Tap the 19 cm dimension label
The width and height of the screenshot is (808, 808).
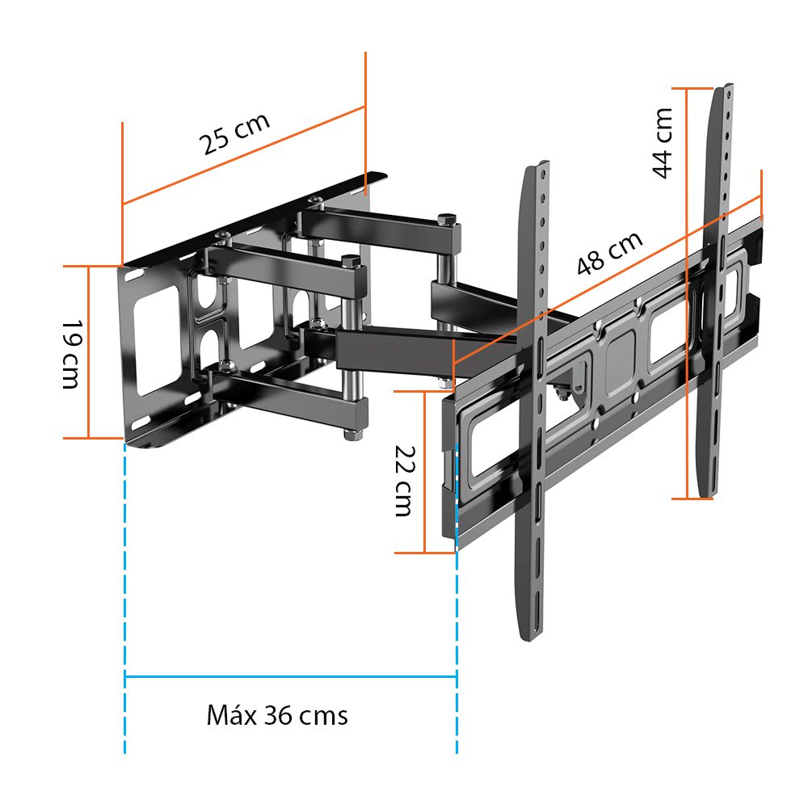pyautogui.click(x=72, y=355)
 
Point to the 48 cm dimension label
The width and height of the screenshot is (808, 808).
pyautogui.click(x=609, y=253)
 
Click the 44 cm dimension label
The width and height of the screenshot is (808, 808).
pyautogui.click(x=663, y=143)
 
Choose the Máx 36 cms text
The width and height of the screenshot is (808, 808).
pyautogui.click(x=277, y=715)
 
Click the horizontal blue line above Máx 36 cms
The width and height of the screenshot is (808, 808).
pyautogui.click(x=291, y=676)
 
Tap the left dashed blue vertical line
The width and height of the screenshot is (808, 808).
pyautogui.click(x=124, y=598)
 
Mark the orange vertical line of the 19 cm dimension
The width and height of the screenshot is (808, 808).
pyautogui.click(x=89, y=352)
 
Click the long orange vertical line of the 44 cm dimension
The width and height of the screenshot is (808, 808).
pyautogui.click(x=687, y=294)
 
